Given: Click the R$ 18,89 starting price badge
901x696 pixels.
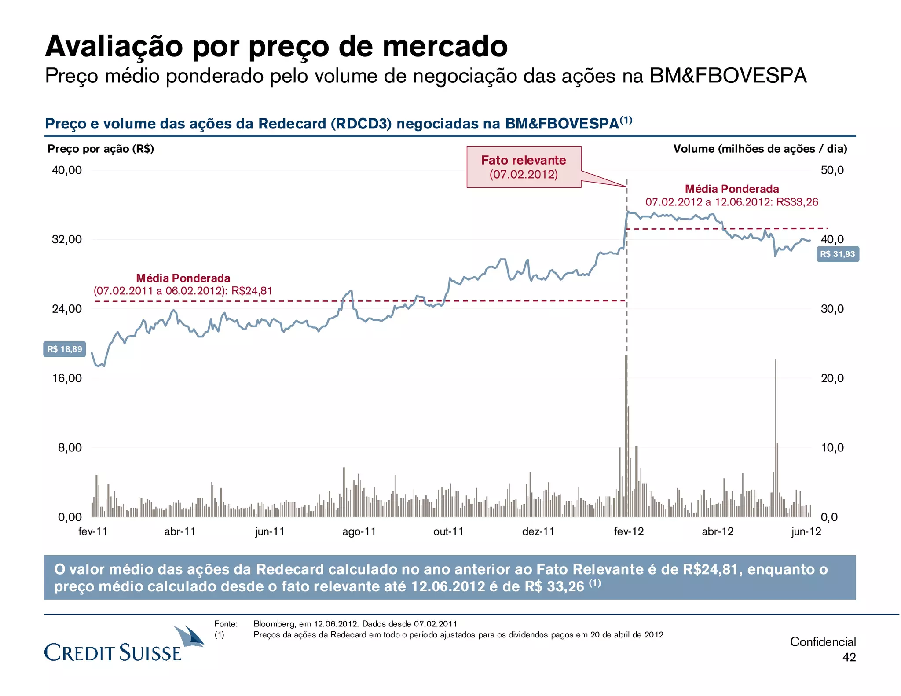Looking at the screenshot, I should point(64,349).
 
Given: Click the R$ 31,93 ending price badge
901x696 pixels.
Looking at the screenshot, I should point(837,254).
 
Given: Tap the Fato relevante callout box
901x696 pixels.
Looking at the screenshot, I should point(524,167).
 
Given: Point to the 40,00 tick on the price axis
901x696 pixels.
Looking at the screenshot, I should point(67,170).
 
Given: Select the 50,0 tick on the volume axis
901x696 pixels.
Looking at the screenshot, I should point(832,170).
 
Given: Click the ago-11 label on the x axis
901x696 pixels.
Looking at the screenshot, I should point(359,531).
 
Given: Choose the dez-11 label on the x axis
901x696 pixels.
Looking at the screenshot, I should point(538,531).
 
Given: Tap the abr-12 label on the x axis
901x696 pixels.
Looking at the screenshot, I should point(718,531).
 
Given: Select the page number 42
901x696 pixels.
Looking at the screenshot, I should point(849,657).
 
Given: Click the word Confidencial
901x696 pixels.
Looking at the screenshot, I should point(823,642).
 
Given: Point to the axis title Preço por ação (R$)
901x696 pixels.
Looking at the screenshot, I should point(101,149).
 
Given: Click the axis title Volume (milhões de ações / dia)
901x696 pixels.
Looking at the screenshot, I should point(760,149).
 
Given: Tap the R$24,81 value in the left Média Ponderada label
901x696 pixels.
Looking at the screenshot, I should point(252,291).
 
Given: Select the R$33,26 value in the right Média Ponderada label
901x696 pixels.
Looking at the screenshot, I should point(797,202).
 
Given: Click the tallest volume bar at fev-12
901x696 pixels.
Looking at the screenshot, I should point(626,436).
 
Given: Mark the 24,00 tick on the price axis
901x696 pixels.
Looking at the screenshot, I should point(67,309).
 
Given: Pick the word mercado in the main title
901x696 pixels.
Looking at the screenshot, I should point(445,46).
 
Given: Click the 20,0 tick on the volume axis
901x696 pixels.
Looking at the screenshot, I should point(832,378).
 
